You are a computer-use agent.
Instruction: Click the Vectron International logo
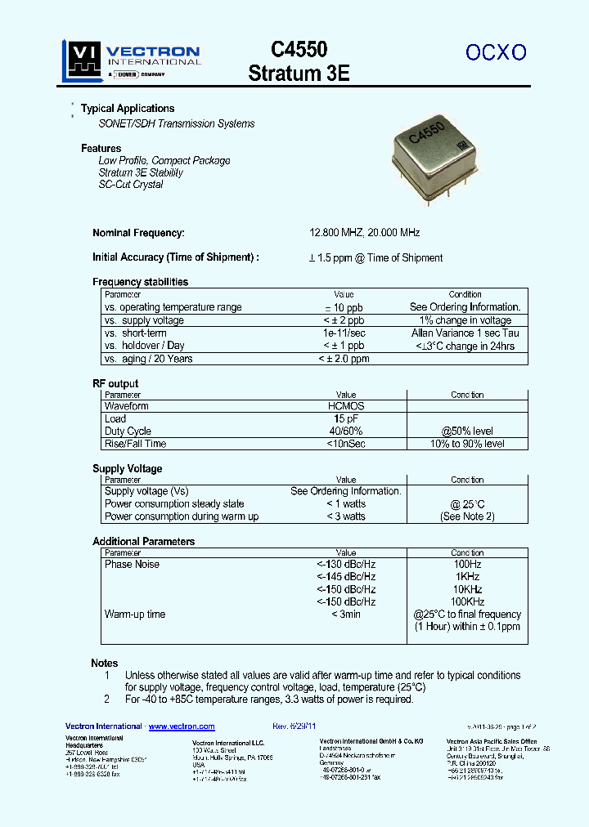coord(131,61)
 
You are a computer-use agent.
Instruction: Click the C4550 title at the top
coord(299,50)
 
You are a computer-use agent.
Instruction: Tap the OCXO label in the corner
coord(496,52)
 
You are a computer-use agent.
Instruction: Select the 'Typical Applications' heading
coord(128,109)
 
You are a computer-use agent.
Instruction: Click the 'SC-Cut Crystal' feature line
coord(131,185)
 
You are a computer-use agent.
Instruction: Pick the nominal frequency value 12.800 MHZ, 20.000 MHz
coord(364,233)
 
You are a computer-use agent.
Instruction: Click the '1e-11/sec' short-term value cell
coord(344,333)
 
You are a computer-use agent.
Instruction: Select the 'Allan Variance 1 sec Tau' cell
coord(465,333)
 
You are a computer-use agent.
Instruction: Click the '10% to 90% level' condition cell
coord(466,444)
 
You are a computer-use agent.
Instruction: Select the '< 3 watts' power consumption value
coord(345,516)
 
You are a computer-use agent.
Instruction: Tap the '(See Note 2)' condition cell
coord(467,516)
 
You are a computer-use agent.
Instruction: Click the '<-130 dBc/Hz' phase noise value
coord(346,565)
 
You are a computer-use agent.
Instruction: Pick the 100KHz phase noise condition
coord(467,601)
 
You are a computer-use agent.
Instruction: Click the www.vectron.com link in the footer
coord(182,726)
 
